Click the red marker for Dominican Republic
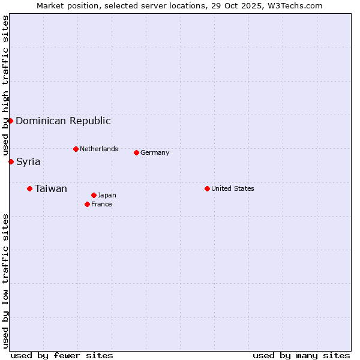coord(11,121)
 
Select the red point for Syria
coord(11,161)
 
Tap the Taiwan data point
coord(29,189)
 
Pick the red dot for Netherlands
coord(76,149)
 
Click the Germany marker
coord(136,152)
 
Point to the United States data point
coord(207,188)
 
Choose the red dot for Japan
coord(94,195)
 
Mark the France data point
coord(87,204)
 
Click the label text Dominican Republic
coord(63,121)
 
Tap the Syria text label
coord(28,161)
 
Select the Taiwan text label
coord(51,189)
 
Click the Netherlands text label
coord(99,149)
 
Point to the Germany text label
coord(155,152)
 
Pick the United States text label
coord(233,188)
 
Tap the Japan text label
coord(107,195)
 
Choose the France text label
coord(101,204)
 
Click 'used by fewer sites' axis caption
coord(62,355)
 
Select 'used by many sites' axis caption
coord(301,355)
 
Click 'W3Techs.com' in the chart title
coord(295,6)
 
